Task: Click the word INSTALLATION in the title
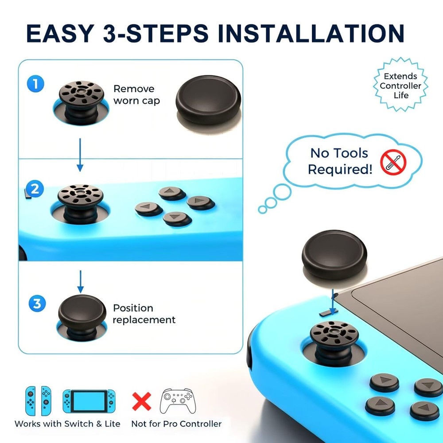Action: (311, 33)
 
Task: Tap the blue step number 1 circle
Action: (35, 84)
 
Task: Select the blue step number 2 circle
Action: (35, 190)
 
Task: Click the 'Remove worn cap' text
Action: (136, 95)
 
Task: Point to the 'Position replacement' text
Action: (144, 314)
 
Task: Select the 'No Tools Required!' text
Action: (340, 161)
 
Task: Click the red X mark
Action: (142, 401)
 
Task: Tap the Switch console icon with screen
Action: (89, 401)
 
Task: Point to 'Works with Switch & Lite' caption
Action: (67, 424)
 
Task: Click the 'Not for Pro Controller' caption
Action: (176, 424)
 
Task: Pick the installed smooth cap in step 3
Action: (82, 311)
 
